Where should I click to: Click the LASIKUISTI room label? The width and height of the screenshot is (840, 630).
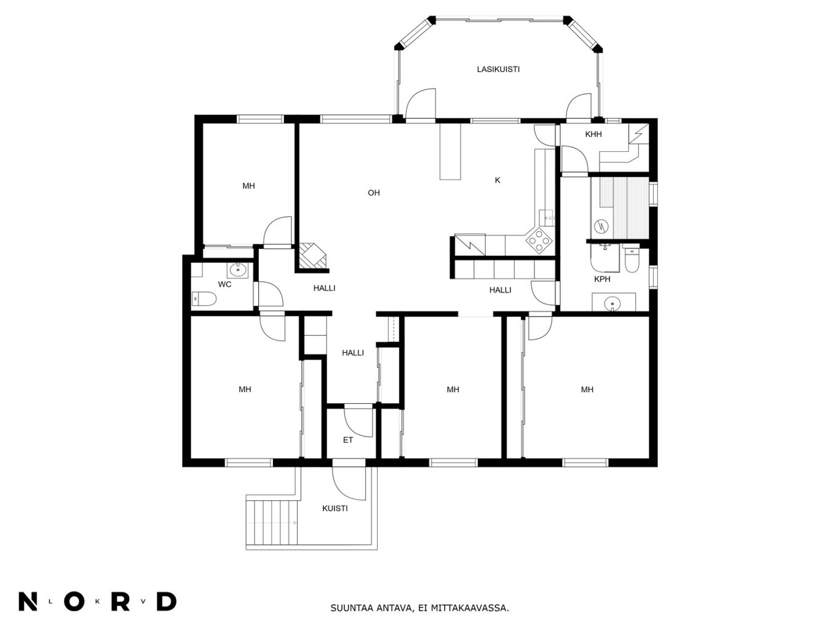pyautogui.click(x=498, y=69)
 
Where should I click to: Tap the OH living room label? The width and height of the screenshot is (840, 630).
pyautogui.click(x=373, y=193)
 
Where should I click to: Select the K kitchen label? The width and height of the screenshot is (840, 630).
pyautogui.click(x=497, y=180)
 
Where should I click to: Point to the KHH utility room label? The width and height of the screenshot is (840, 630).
pyautogui.click(x=593, y=134)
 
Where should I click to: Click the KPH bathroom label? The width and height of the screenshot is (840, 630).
pyautogui.click(x=602, y=279)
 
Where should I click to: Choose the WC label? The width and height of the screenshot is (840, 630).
pyautogui.click(x=224, y=284)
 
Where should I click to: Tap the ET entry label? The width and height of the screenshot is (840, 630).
pyautogui.click(x=348, y=440)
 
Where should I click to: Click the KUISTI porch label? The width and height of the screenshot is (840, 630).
pyautogui.click(x=335, y=508)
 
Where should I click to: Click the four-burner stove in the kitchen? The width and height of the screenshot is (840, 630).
pyautogui.click(x=539, y=240)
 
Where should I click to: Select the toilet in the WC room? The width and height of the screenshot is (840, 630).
pyautogui.click(x=204, y=299)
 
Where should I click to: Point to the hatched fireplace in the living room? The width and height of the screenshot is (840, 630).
pyautogui.click(x=313, y=256)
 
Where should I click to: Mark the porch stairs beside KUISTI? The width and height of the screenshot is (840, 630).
pyautogui.click(x=272, y=522)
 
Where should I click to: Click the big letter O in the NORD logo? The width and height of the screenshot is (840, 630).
pyautogui.click(x=74, y=602)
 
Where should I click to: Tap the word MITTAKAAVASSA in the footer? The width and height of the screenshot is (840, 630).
pyautogui.click(x=470, y=608)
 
